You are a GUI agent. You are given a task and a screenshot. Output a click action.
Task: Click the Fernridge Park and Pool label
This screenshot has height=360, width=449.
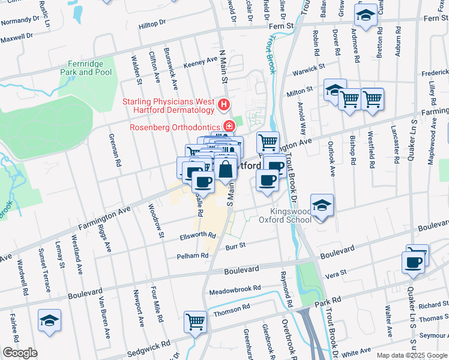click(86, 68)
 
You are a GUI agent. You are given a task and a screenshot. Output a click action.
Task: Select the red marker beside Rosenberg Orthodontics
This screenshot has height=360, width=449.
click(229, 126)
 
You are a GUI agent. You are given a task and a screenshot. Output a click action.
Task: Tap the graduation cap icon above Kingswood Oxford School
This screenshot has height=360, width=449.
click(322, 206)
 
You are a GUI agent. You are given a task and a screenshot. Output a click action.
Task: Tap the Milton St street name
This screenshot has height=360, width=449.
click(300, 90)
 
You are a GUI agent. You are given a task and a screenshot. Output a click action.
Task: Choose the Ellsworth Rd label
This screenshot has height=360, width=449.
click(197, 236)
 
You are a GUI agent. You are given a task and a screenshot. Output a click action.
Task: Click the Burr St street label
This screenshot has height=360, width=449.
click(236, 245)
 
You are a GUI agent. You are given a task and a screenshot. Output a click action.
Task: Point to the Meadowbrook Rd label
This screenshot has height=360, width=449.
click(235, 289)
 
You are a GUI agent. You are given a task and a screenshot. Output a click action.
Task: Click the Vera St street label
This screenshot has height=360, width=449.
click(335, 273)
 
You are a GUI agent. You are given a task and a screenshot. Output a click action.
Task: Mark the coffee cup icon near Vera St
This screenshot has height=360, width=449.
click(414, 263)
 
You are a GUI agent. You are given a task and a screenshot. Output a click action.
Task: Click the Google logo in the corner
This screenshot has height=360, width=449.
click(20, 352)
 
